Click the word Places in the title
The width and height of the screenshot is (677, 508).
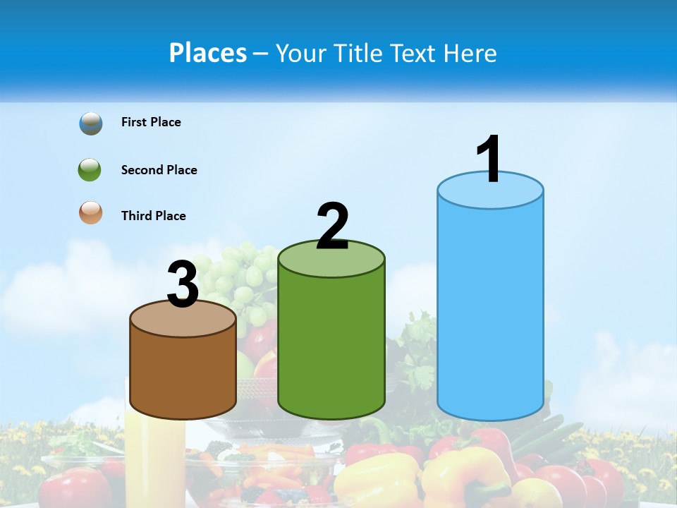pyautogui.click(x=208, y=53)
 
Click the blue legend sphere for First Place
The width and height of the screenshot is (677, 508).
pyautogui.click(x=91, y=123)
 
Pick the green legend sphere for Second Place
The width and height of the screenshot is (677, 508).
pyautogui.click(x=90, y=170)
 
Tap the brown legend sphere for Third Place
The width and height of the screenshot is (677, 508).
pyautogui.click(x=91, y=213)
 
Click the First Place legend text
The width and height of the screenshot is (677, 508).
pyautogui.click(x=151, y=122)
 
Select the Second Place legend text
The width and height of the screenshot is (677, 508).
pyautogui.click(x=159, y=170)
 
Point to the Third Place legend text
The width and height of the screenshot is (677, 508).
pyautogui.click(x=153, y=216)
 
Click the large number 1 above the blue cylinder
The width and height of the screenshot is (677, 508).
pyautogui.click(x=489, y=159)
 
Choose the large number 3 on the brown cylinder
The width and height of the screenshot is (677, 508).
pyautogui.click(x=183, y=284)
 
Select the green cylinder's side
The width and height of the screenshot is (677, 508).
pyautogui.click(x=331, y=346)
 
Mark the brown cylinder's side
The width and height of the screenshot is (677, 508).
pyautogui.click(x=183, y=374)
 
